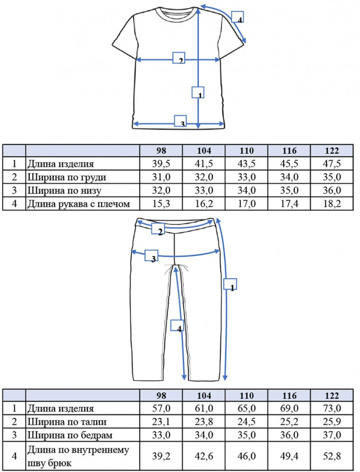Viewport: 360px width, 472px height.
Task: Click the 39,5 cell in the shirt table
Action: click(x=161, y=164)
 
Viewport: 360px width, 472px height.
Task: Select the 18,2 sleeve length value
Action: click(x=332, y=204)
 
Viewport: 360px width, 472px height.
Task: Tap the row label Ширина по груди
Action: click(x=67, y=177)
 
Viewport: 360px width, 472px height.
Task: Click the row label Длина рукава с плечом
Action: click(x=79, y=204)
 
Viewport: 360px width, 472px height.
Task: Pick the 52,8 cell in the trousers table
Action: click(x=332, y=456)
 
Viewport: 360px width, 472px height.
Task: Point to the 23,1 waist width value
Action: click(x=161, y=421)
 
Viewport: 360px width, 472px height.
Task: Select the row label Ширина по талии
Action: click(x=67, y=421)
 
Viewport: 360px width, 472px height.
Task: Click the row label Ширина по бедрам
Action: click(x=70, y=435)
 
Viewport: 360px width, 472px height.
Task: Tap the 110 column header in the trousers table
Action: click(x=246, y=395)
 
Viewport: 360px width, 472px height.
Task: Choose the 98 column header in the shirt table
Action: click(x=161, y=151)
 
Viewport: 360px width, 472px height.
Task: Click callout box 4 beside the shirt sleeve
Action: click(x=237, y=17)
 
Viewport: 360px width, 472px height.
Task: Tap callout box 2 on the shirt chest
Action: click(x=179, y=58)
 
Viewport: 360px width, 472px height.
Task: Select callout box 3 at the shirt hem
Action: click(x=181, y=121)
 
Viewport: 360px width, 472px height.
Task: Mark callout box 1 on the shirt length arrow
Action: click(x=198, y=93)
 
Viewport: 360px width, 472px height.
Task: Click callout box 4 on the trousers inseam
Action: click(x=177, y=325)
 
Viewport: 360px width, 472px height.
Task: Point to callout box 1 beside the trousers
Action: click(x=230, y=284)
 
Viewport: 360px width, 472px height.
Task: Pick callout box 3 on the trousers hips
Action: click(x=151, y=255)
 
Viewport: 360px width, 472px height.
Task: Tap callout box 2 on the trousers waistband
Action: click(x=158, y=229)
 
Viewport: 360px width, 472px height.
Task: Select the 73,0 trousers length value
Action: click(x=332, y=408)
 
